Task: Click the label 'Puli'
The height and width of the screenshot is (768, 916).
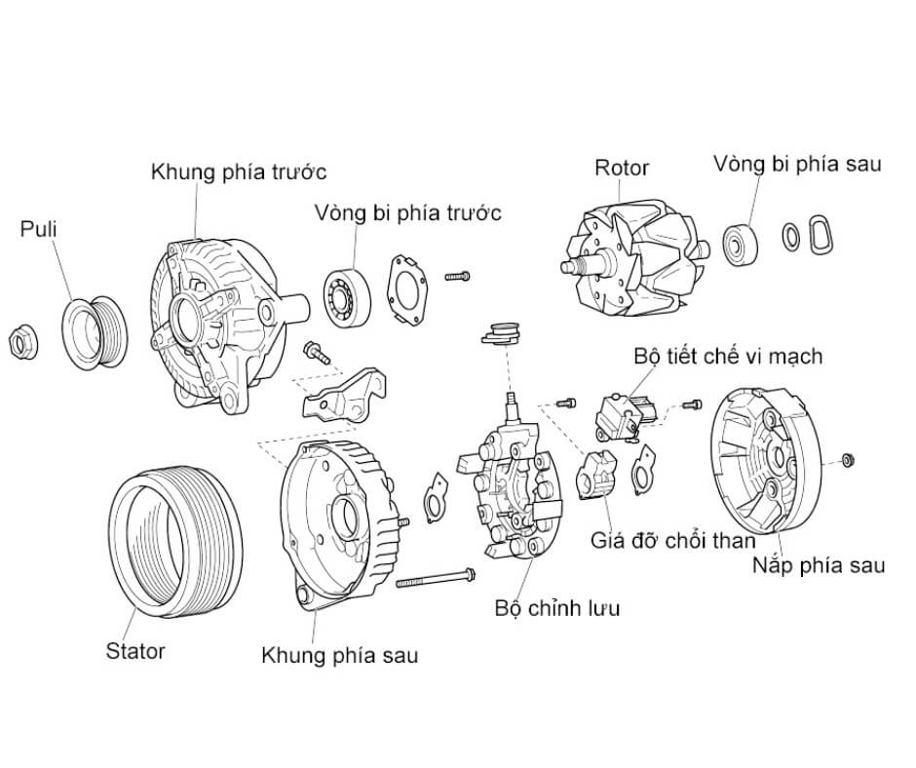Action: [x=39, y=230]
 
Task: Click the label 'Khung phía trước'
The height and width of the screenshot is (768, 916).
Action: [x=238, y=173]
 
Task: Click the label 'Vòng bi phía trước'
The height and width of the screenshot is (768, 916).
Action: [x=407, y=212]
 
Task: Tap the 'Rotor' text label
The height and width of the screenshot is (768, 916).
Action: [x=622, y=168]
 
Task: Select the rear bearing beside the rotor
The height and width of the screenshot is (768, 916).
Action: [x=744, y=242]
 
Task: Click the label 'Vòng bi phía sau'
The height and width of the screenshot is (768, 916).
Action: [x=796, y=163]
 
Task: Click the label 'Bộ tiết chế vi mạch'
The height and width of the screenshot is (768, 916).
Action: [x=727, y=356]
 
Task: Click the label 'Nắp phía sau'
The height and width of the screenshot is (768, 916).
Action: [x=819, y=565]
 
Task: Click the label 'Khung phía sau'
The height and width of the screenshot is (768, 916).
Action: [x=339, y=655]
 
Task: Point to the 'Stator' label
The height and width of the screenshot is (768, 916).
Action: [x=135, y=651]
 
